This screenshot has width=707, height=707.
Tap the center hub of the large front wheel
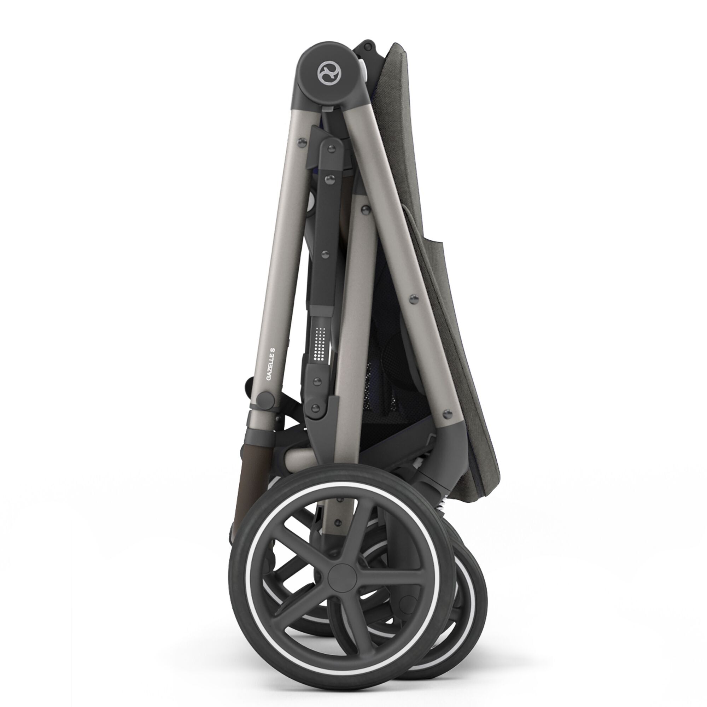(x=340, y=578)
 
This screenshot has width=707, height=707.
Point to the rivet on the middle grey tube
(x=365, y=209)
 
